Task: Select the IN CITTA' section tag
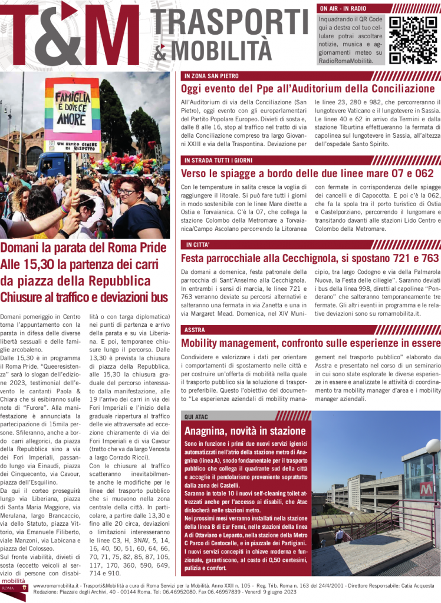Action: coord(198,244)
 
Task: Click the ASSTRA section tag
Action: coord(195,330)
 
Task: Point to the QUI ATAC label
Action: coord(198,416)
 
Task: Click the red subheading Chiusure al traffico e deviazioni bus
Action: coord(84,298)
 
